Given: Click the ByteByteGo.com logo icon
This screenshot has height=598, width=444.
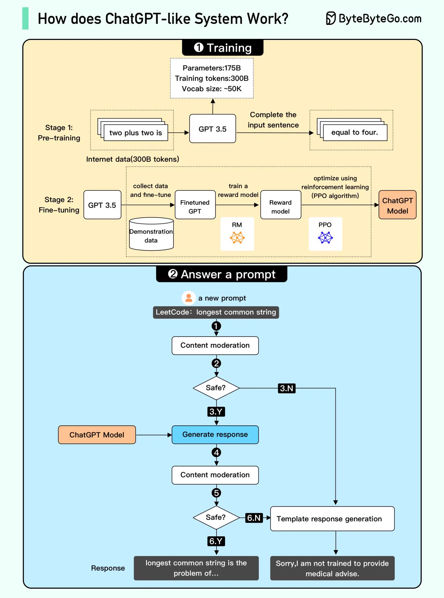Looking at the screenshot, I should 331,18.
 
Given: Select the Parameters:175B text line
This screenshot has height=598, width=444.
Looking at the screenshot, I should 212,68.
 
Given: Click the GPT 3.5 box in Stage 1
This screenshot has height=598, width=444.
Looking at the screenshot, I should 212,129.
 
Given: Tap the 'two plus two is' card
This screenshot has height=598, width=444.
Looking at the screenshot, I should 136,133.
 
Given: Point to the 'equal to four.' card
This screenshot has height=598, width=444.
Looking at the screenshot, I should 355,132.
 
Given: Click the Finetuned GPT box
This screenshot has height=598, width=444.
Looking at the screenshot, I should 195,207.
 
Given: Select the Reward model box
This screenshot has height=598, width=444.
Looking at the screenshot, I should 280,207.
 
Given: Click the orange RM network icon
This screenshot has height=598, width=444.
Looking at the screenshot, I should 237,237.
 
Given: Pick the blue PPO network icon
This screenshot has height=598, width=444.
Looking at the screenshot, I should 325,237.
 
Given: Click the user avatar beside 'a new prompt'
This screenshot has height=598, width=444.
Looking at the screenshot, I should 189,298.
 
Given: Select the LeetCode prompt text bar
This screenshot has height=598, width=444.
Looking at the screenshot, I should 216,312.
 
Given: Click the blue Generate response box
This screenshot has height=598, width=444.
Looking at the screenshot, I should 215,434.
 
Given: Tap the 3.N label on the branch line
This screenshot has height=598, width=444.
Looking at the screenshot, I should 287,388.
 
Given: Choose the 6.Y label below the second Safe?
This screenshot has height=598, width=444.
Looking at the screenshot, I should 216,541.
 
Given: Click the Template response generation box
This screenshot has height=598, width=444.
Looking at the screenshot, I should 332,519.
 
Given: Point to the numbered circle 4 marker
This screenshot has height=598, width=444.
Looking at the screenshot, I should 216,452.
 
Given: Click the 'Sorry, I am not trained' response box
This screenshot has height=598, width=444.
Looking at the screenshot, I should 332,568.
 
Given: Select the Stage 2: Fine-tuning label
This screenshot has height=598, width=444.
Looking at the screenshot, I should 59,205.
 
